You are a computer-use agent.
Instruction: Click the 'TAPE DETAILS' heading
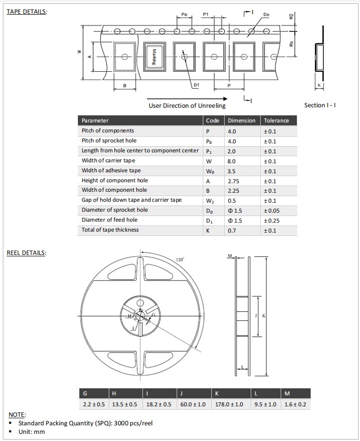coord(27,11)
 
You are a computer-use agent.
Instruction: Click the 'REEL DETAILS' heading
coord(27,253)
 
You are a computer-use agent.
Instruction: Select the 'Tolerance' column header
coord(276,121)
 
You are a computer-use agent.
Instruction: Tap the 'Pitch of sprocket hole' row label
coord(109,141)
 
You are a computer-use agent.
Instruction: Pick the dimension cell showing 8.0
coord(232,161)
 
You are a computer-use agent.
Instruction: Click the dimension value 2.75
coord(233,181)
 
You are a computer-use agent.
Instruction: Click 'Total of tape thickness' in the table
coord(110,230)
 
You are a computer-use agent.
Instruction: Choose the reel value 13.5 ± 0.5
coord(124,404)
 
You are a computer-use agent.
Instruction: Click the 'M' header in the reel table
coord(287,394)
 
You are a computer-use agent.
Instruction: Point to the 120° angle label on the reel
coord(180,260)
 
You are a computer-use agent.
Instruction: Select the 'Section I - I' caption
coord(320,105)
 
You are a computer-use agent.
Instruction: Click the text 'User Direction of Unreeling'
coord(187,105)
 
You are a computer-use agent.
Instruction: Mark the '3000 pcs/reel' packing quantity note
coord(132,423)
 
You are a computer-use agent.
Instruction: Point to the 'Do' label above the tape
coord(266,15)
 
